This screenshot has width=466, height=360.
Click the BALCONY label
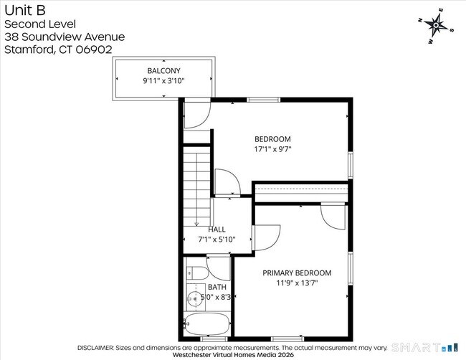[163, 70]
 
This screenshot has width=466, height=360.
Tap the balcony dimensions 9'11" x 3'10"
[163, 81]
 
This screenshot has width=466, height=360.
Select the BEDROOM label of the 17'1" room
[272, 139]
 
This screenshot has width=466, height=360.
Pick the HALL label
[217, 229]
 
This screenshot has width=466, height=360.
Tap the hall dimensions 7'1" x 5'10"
[217, 240]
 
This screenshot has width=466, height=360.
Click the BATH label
[217, 287]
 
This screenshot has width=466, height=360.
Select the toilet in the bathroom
[196, 273]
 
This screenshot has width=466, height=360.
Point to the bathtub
[207, 324]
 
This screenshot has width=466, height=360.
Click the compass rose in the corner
[436, 25]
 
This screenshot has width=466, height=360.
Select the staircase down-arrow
[196, 222]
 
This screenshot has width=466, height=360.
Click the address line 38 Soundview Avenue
[65, 37]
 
